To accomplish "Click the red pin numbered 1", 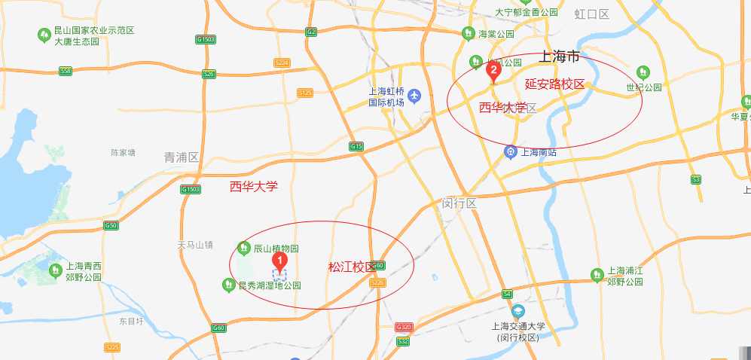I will click(280, 261).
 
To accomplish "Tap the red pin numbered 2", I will click(493, 71).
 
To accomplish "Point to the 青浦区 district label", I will click(182, 157).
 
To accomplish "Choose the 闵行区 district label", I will click(459, 203).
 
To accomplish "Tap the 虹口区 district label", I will click(591, 14).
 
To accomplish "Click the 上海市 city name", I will click(559, 56).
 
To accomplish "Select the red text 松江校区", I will click(351, 267).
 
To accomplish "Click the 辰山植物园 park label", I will click(276, 248).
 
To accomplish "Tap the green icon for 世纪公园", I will click(643, 72).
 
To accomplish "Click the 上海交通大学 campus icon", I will click(517, 311).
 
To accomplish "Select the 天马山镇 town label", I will click(195, 245).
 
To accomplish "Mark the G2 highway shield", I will click(311, 32).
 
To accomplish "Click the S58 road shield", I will click(66, 71).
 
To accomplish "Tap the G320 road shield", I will click(405, 327).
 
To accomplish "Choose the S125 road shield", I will click(305, 93).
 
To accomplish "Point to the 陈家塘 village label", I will click(123, 152).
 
